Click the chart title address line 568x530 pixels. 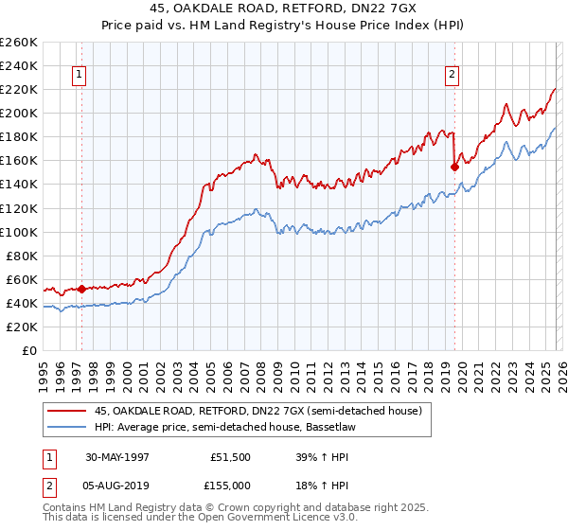click(x=284, y=9)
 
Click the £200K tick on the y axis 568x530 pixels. click(x=20, y=113)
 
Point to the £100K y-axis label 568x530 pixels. click(x=20, y=232)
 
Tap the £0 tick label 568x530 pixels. click(x=29, y=350)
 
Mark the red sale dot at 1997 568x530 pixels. click(x=82, y=289)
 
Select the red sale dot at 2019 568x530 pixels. click(x=454, y=167)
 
